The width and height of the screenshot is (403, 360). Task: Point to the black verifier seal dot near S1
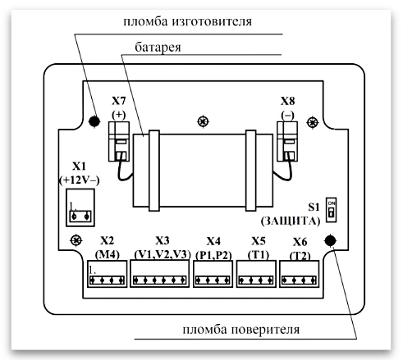coord(330,240)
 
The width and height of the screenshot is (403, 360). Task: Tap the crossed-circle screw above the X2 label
coord(76,241)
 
